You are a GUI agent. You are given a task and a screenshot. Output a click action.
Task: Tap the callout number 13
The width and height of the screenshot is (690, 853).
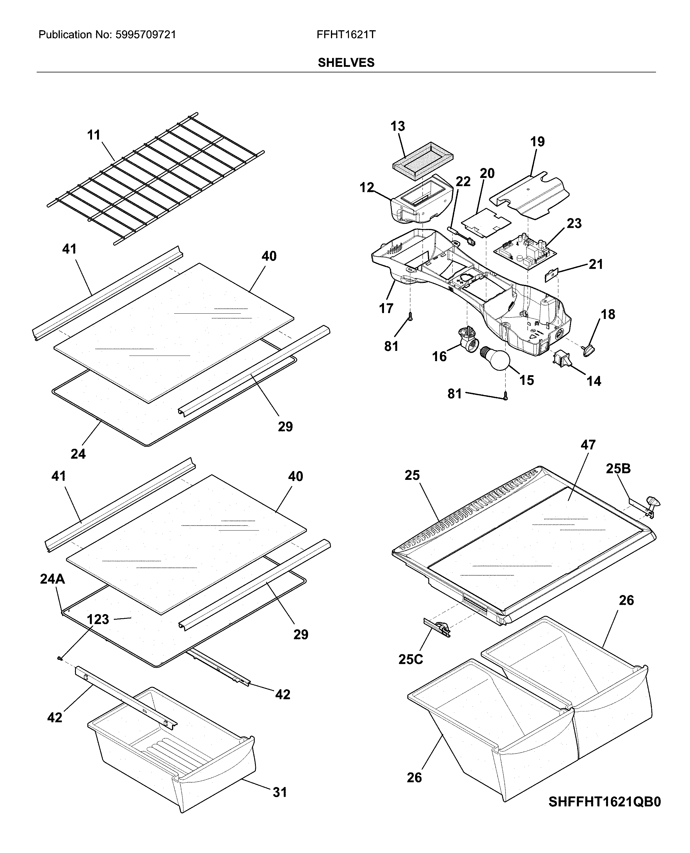(397, 126)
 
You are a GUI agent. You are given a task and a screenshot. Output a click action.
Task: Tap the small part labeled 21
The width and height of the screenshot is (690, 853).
(552, 275)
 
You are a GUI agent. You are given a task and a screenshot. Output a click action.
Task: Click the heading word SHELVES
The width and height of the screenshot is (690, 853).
(346, 63)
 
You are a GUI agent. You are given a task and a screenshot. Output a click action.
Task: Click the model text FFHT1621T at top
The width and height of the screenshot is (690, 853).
(346, 35)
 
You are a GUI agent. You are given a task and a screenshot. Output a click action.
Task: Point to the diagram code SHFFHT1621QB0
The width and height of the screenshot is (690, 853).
(604, 802)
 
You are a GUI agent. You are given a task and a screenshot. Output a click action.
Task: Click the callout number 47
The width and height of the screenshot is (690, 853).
(588, 445)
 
